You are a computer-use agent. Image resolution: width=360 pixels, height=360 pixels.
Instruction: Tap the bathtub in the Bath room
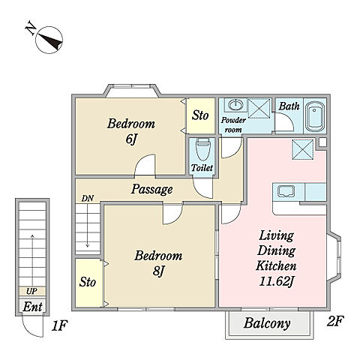click(x=315, y=116)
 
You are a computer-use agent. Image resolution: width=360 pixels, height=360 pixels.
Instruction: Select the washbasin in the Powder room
click(x=235, y=105)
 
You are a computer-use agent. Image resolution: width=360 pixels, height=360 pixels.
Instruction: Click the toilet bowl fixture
click(x=202, y=150)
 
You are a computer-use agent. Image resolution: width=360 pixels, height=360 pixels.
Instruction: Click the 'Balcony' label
click(x=267, y=323)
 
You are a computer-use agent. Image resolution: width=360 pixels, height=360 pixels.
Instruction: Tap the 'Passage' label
click(x=152, y=189)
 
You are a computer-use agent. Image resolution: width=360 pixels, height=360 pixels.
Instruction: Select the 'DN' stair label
click(x=88, y=199)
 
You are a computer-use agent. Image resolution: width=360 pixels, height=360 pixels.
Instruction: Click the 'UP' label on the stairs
click(x=31, y=291)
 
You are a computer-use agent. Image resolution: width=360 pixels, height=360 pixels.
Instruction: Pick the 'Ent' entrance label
click(x=32, y=307)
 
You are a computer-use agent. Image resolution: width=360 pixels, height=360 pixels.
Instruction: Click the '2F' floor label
click(x=335, y=322)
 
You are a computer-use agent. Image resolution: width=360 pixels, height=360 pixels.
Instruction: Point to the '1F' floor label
click(x=59, y=325)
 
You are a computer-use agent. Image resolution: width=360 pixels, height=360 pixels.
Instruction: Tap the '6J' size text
click(x=131, y=139)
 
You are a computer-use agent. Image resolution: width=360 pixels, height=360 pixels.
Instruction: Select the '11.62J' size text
click(x=276, y=282)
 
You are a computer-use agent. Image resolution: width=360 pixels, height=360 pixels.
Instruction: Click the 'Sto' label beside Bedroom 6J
click(x=200, y=115)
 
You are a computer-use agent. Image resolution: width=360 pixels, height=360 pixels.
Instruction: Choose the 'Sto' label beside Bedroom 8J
click(x=88, y=282)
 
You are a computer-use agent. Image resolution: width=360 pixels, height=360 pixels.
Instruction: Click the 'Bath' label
click(x=289, y=106)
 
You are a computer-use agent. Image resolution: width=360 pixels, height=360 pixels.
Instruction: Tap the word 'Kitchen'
click(x=276, y=265)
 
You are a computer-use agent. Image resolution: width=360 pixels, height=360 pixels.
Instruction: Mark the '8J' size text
click(x=158, y=271)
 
